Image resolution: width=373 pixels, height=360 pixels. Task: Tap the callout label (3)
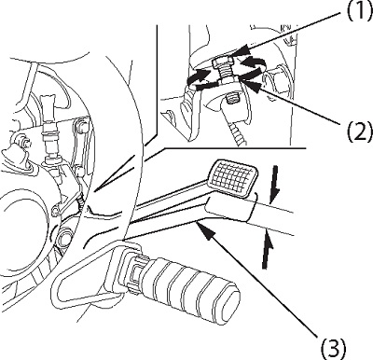[333, 348]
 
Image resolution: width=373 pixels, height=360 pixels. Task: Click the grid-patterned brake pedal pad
[233, 178]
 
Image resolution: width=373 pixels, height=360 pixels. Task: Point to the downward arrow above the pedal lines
[273, 186]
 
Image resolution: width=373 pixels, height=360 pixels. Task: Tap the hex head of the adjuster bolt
[224, 63]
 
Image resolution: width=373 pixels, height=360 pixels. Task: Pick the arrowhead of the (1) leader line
[239, 51]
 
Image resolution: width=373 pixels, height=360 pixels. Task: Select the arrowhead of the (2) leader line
[250, 87]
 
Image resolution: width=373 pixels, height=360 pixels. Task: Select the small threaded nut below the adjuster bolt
[231, 100]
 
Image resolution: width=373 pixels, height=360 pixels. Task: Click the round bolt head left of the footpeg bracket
[64, 237]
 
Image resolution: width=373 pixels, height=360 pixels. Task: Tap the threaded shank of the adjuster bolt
[226, 76]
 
